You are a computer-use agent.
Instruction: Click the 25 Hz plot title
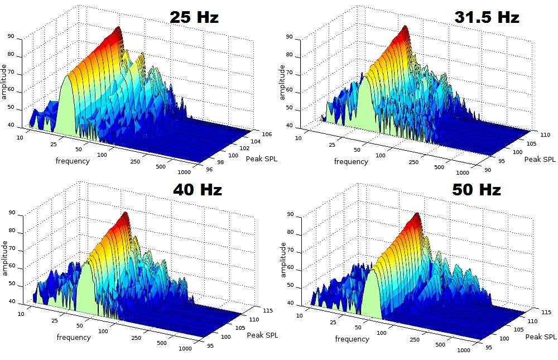pos(194,17)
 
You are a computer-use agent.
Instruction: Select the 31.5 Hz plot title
pos(487,17)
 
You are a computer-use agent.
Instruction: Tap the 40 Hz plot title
pos(197,190)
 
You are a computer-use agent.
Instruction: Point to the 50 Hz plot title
pos(477,190)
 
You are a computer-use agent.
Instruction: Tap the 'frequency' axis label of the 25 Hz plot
pos(73,161)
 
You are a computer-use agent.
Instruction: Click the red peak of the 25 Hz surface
pos(118,31)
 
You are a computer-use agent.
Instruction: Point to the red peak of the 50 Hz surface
pos(416,217)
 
